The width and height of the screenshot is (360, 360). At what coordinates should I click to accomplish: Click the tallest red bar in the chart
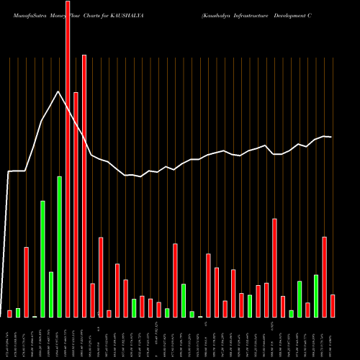(x=68, y=158)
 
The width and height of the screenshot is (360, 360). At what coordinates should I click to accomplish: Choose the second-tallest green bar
(x=43, y=258)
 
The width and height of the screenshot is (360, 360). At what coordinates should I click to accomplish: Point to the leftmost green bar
(x=18, y=312)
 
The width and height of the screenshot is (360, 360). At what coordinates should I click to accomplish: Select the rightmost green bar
(x=316, y=296)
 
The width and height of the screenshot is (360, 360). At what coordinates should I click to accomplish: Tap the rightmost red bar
(x=333, y=305)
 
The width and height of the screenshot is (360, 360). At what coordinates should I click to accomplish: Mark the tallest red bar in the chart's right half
(x=275, y=267)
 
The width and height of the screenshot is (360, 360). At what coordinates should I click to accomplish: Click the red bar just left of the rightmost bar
(x=325, y=276)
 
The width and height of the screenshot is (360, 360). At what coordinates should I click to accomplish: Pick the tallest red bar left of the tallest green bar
(x=27, y=282)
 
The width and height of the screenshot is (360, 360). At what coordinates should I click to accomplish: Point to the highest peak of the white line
(x=58, y=91)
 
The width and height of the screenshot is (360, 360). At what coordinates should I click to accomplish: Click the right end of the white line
(x=331, y=137)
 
